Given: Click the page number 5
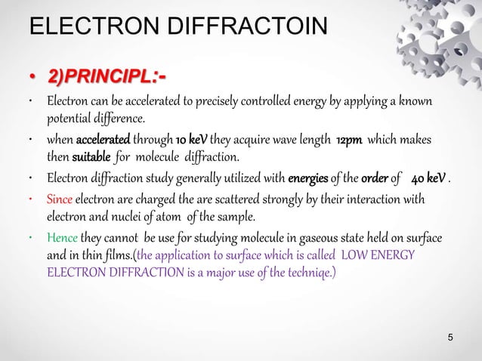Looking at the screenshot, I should pos(451,337).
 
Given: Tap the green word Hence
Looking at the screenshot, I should pos(63,239).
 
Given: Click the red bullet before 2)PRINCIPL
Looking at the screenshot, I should pos(32,78).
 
